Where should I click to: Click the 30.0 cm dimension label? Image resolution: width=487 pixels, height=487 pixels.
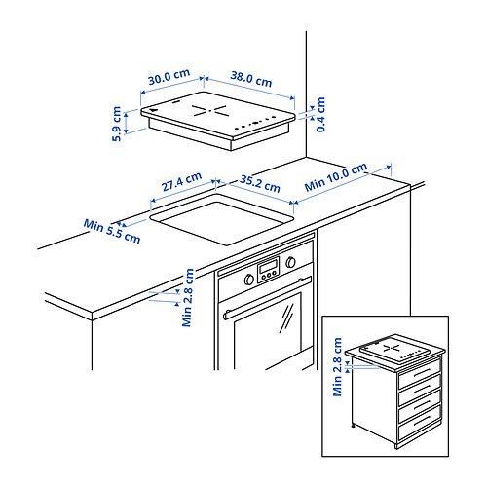coord(169,77)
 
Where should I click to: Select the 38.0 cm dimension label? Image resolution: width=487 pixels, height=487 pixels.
coord(251,79)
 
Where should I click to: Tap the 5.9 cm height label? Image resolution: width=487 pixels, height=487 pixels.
coord(117,124)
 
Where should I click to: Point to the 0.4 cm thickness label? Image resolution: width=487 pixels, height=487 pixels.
coord(320,114)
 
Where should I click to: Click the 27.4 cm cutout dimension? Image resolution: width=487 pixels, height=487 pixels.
coord(182,181)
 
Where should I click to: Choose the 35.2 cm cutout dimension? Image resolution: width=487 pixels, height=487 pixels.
coord(260,184)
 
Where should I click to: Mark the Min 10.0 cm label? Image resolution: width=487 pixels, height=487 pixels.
coord(336,177)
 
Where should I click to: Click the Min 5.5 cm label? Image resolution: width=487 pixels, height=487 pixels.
coord(112,231)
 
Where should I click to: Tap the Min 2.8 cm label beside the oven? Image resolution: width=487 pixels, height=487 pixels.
coord(188,297)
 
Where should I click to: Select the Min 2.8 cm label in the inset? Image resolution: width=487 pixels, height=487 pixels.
coord(338,367)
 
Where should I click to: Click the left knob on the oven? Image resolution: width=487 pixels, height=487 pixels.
coord(249,280)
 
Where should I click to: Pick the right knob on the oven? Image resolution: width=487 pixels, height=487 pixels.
coord(290,262)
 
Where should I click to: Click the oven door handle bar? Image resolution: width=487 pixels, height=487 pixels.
coord(267,298)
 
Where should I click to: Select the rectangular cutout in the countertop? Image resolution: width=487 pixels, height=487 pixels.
coord(222,219)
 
